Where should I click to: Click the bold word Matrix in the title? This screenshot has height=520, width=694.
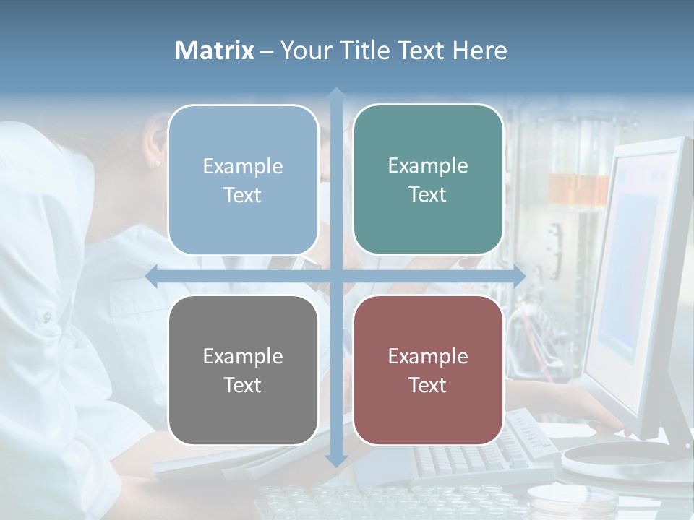(215, 51)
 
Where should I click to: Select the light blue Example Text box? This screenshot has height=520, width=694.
(243, 180)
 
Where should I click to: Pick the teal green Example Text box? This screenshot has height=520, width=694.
(428, 179)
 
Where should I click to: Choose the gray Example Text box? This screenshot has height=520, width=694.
(243, 370)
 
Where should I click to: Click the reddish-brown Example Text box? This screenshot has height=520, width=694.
(428, 370)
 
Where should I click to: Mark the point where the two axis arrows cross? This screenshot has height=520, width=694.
(336, 277)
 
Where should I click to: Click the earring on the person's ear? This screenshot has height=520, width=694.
(158, 163)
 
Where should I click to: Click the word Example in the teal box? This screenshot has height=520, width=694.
(428, 165)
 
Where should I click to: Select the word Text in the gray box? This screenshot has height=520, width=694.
(243, 385)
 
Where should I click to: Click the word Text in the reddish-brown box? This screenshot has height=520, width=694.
(428, 385)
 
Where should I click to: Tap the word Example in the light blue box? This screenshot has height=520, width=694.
(243, 166)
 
